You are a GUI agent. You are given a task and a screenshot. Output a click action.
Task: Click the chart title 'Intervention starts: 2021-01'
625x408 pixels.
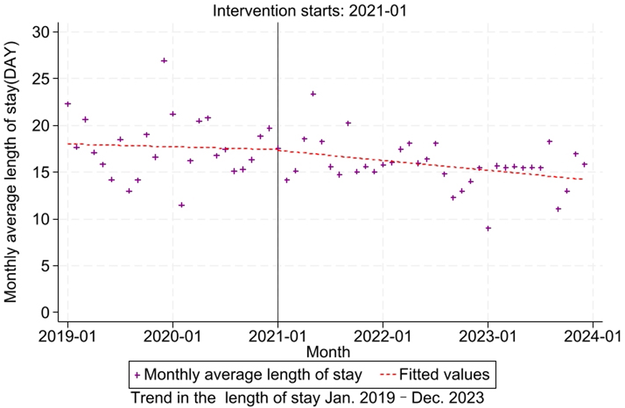tap(309, 10)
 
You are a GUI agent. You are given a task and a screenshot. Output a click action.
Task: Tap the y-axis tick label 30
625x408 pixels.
tap(41, 32)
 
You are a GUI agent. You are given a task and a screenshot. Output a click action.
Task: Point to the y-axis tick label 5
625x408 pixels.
tap(45, 266)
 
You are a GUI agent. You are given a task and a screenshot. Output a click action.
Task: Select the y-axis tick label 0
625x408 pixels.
tap(45, 313)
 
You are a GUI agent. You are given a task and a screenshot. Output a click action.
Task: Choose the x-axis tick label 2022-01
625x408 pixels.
tap(382, 336)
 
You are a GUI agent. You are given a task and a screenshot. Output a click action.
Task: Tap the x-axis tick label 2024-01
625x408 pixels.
tap(592, 336)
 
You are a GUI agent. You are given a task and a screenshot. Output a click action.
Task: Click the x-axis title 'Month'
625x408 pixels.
tap(328, 352)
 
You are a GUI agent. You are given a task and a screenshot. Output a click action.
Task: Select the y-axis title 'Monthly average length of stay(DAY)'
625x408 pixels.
tap(11, 172)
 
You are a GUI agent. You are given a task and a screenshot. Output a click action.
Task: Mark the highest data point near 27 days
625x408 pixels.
tap(164, 60)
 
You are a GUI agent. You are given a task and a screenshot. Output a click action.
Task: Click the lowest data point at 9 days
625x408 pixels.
tap(488, 228)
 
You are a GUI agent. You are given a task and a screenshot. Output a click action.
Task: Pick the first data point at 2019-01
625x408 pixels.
tap(67, 104)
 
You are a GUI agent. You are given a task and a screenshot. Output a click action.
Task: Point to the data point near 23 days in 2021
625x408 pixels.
tap(313, 94)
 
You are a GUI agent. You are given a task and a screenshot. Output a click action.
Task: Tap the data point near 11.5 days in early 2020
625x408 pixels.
tap(181, 205)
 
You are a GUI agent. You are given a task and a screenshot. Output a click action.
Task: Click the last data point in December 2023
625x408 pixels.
tap(584, 165)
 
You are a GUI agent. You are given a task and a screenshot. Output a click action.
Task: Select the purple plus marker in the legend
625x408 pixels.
tap(137, 375)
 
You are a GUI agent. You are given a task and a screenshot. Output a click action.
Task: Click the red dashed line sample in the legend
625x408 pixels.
tap(387, 375)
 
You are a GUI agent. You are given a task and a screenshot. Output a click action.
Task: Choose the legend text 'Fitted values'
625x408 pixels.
tap(444, 375)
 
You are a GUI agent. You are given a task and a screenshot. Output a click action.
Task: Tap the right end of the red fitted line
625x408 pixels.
tap(582, 179)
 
